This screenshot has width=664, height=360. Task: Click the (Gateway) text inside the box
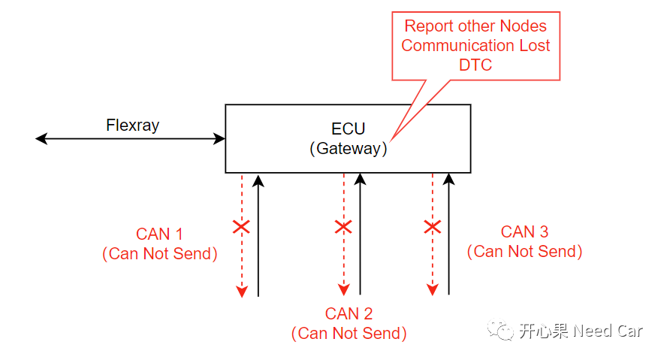348,149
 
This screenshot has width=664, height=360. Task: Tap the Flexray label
132,126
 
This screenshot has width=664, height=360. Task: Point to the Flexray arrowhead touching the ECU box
220,138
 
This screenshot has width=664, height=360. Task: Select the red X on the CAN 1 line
241,227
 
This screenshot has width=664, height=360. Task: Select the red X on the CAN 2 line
343,227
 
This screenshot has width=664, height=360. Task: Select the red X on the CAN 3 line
432,227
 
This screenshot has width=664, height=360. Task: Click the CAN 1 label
159,234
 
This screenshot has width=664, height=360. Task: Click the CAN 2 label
349,313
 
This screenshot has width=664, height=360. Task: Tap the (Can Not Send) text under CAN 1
159,254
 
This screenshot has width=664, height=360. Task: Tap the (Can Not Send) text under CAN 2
349,334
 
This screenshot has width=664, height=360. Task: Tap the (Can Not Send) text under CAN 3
524,252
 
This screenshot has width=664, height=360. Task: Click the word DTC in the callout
475,65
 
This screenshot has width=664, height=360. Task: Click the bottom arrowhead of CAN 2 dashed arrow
343,291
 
